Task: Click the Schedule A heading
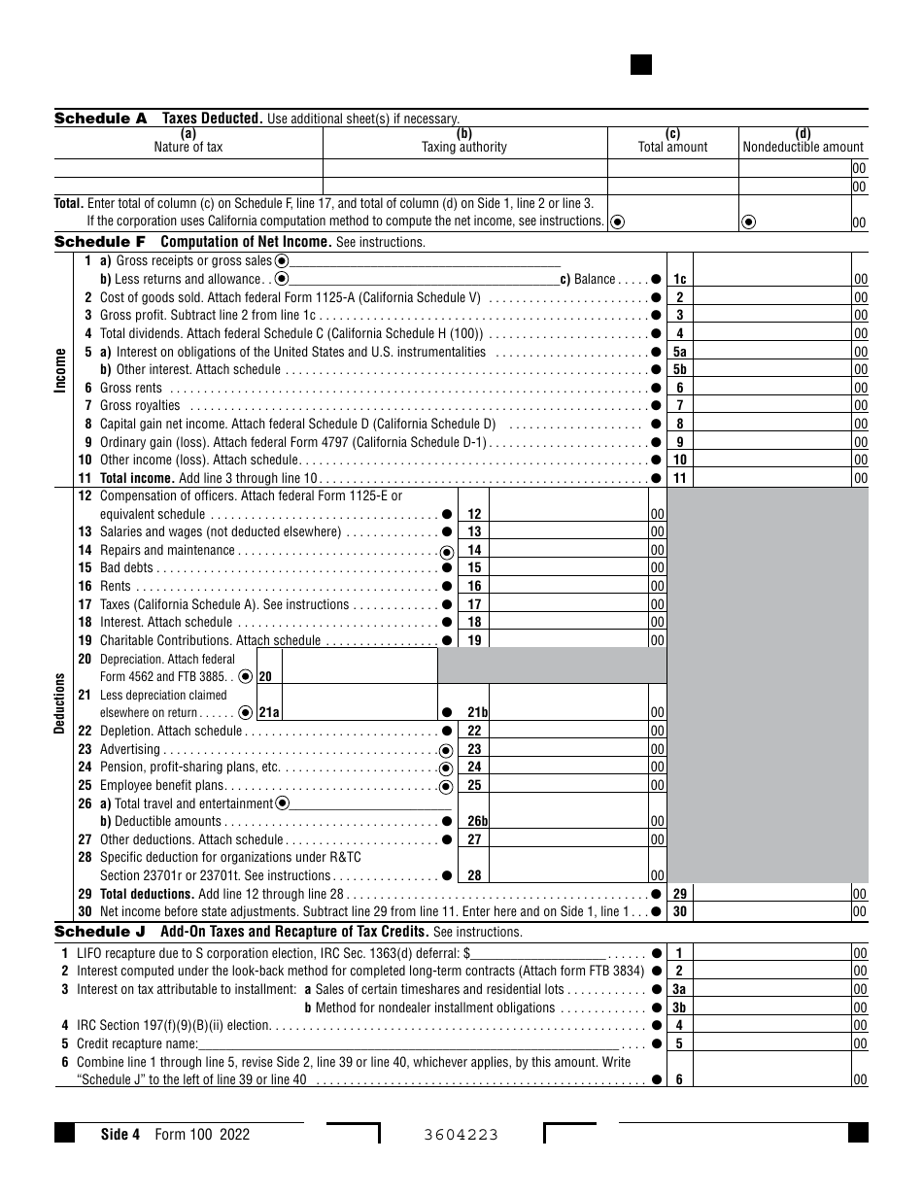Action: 100,119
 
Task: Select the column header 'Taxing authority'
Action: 463,148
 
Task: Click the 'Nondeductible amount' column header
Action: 803,148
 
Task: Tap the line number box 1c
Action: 680,280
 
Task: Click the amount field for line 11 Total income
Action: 772,478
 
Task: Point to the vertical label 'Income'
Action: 61,369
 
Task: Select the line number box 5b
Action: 680,370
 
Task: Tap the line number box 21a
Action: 268,713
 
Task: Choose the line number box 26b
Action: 477,822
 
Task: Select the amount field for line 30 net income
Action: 772,912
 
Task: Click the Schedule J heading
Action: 100,932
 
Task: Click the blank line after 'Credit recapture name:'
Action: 408,1044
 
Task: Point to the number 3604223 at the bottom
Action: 461,1135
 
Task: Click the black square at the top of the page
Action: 640,65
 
